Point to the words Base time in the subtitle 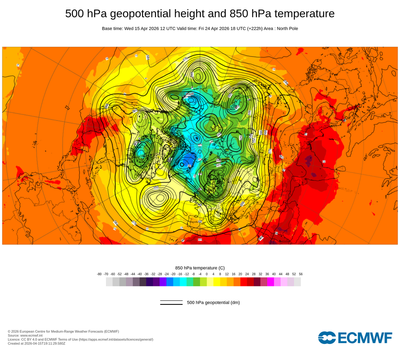(x=112, y=29)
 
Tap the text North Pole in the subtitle (x=286, y=29)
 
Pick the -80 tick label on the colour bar (x=99, y=274)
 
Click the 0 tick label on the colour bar (x=207, y=274)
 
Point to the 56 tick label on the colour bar (x=301, y=274)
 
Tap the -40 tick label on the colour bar (x=140, y=274)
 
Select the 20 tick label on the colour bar (x=240, y=274)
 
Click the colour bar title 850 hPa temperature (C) (x=200, y=268)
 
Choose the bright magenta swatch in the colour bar (x=270, y=282)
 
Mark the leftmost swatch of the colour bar (x=109, y=282)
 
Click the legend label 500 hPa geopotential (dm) (x=213, y=302)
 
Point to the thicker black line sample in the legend (x=171, y=304)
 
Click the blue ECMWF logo (x=355, y=338)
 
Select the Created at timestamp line (x=36, y=343)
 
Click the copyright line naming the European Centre (x=63, y=331)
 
